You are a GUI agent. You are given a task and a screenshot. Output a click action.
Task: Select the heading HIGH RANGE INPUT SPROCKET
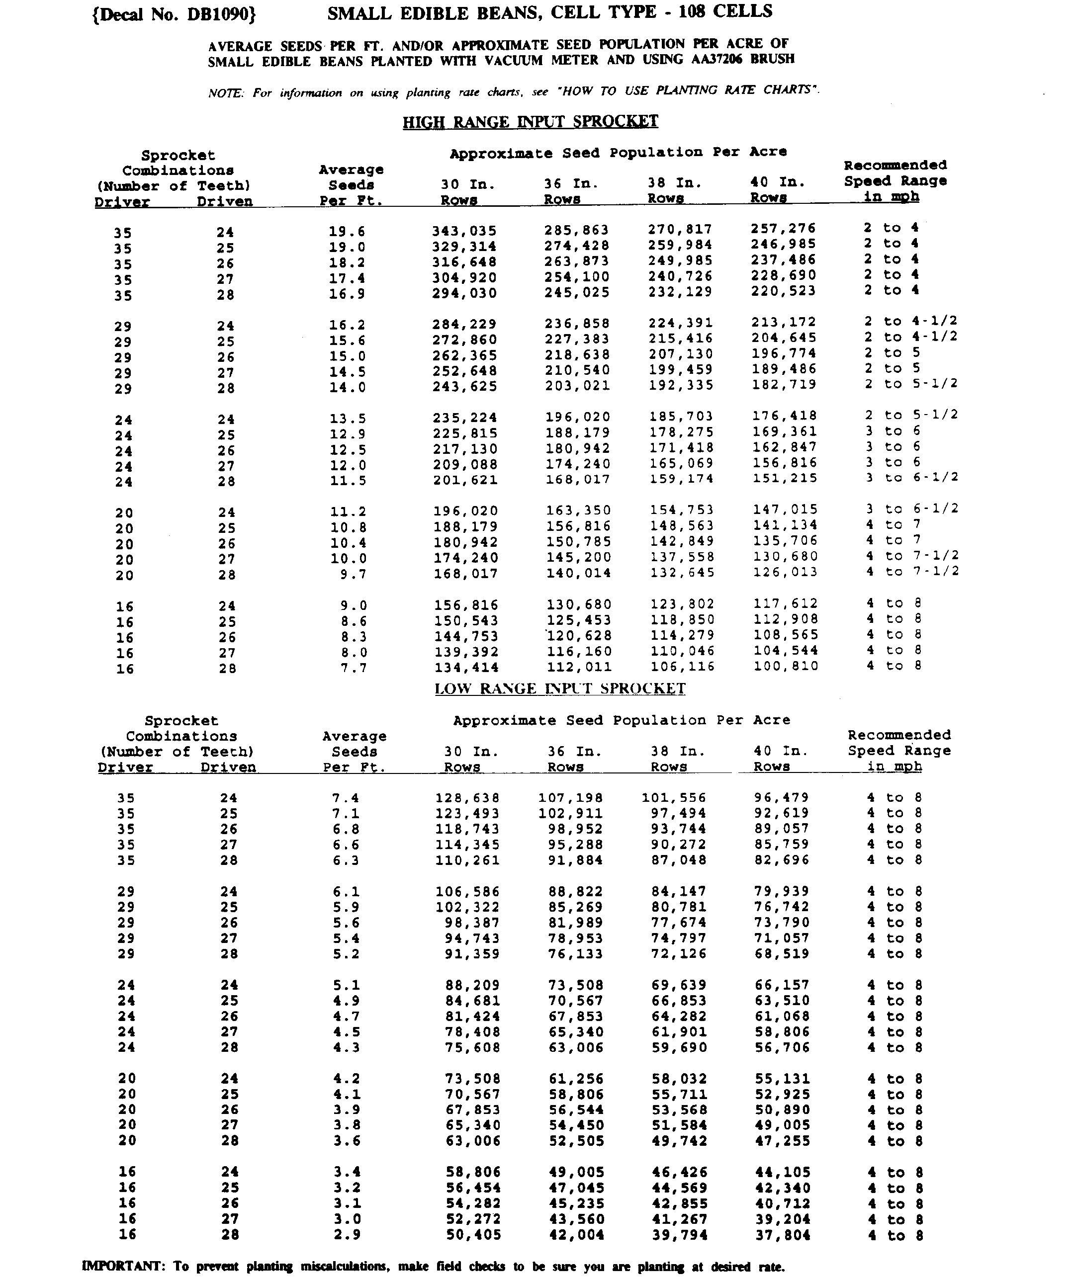point(530,121)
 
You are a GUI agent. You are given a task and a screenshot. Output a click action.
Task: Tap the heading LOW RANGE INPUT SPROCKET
point(560,689)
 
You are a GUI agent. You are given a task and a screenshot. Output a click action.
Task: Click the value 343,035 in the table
point(464,231)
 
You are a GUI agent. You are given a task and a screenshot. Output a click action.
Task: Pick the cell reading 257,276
point(783,229)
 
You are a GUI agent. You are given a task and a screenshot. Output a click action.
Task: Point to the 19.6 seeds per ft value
point(347,232)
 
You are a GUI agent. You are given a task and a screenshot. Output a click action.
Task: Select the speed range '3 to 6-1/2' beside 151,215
point(911,477)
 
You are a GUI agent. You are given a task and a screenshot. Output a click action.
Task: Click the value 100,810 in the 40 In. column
point(786,666)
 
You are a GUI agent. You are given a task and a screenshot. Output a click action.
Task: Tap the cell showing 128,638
point(467,798)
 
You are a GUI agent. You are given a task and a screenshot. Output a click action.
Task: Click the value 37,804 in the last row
point(783,1235)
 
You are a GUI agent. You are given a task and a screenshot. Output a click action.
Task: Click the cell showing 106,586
point(467,892)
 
